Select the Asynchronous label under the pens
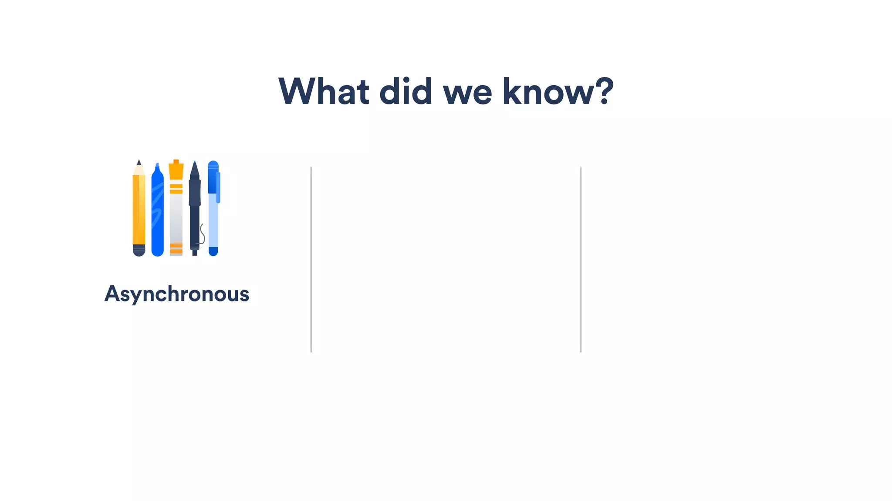click(x=177, y=294)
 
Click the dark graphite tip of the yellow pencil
click(x=139, y=162)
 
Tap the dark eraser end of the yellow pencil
click(x=139, y=250)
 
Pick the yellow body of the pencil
click(x=139, y=209)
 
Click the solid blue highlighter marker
click(x=157, y=213)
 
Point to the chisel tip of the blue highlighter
click(x=157, y=165)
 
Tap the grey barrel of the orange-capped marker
click(x=176, y=217)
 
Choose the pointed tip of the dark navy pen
click(x=195, y=166)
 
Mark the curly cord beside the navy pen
click(x=202, y=234)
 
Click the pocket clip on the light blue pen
click(x=218, y=187)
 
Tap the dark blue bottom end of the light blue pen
click(x=213, y=251)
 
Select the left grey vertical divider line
click(x=311, y=259)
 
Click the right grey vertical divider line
click(x=581, y=259)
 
